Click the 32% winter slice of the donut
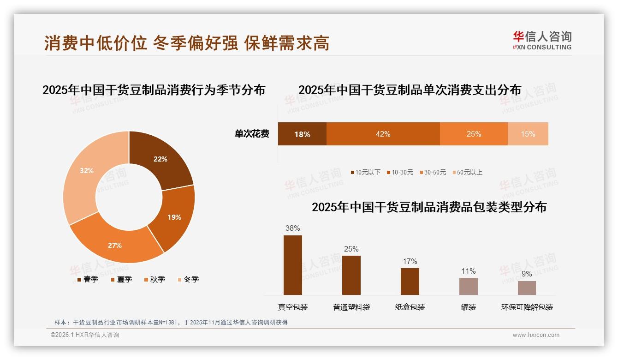tap(83, 175)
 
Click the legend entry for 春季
tap(87, 279)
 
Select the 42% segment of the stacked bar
tap(383, 134)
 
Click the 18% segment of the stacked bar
tap(302, 134)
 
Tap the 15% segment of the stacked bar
tap(528, 134)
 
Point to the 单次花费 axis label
tap(252, 134)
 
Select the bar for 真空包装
tap(292, 265)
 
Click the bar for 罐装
tap(468, 286)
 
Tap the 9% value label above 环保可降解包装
tap(527, 274)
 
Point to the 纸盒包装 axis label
tap(410, 307)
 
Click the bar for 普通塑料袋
tap(351, 275)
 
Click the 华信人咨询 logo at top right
tap(542, 40)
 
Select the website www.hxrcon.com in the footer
tap(536, 335)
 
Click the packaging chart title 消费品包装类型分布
tap(429, 207)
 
